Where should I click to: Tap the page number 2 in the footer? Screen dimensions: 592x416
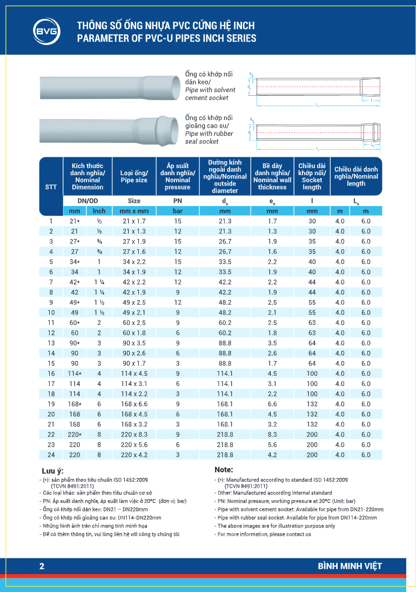click(x=42, y=566)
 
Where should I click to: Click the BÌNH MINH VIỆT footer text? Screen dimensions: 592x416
click(x=350, y=566)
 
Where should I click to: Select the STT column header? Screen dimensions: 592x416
click(x=51, y=187)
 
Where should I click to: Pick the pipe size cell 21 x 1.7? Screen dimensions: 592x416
click(x=134, y=221)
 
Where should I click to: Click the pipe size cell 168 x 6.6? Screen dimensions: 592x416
click(x=134, y=404)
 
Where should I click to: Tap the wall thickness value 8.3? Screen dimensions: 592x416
click(x=272, y=434)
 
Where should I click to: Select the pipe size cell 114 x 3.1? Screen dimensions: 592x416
click(x=134, y=383)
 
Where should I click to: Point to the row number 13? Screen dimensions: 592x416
click(x=51, y=343)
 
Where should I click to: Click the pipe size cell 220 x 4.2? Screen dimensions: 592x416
click(x=134, y=455)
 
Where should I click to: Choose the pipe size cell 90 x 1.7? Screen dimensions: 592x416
click(x=134, y=363)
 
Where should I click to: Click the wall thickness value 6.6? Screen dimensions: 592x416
click(x=272, y=404)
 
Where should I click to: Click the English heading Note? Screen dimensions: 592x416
click(x=224, y=470)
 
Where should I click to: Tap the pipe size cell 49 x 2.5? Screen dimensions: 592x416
click(x=134, y=302)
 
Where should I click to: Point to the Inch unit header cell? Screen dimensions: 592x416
click(x=99, y=211)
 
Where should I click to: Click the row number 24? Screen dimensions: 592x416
click(x=51, y=455)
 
